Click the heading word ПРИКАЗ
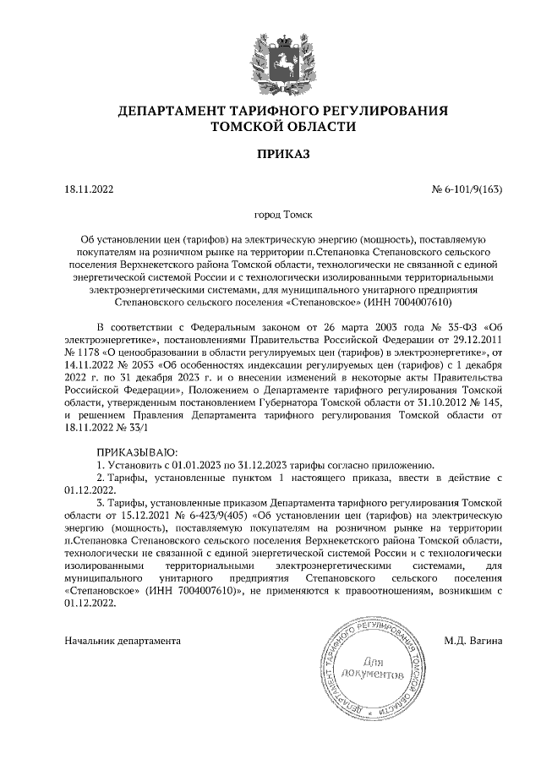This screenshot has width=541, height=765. point(270,154)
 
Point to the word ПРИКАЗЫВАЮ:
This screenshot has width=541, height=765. point(138,452)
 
